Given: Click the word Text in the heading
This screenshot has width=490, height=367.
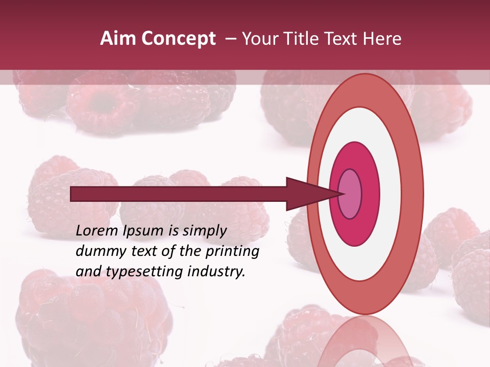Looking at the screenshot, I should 343,39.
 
